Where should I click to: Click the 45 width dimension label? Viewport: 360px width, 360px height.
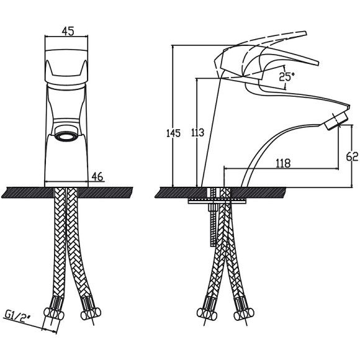(x=68, y=31)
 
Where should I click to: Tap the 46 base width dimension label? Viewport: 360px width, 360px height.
(x=97, y=176)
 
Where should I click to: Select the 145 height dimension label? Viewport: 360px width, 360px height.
(x=173, y=133)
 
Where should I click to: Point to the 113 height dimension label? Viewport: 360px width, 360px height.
(x=197, y=133)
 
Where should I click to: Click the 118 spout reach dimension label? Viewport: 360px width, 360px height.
(x=283, y=163)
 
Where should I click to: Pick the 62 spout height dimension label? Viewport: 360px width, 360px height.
(x=352, y=157)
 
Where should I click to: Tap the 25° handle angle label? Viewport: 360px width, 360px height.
(x=287, y=77)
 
